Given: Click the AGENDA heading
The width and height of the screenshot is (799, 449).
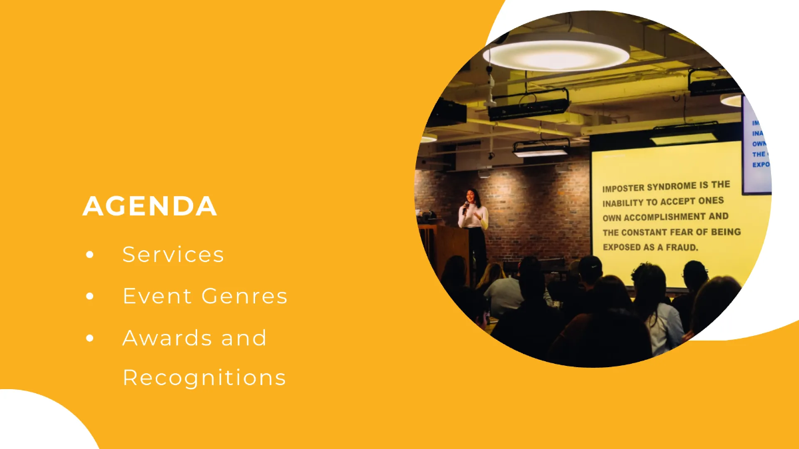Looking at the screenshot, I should (x=150, y=206).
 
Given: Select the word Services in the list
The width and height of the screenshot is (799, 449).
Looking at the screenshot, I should (x=173, y=255).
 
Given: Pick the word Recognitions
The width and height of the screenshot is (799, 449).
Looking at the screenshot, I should (x=204, y=378).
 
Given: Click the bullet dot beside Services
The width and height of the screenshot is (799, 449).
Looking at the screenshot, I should (x=90, y=255).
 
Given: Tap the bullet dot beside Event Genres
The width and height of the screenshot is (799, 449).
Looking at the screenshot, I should (x=90, y=297).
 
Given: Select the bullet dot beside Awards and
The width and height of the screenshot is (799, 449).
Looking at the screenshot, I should (x=90, y=339).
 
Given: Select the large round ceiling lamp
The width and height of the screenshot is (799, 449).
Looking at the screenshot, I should (x=556, y=53).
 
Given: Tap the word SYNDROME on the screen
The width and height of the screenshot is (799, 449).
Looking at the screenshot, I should (x=685, y=186).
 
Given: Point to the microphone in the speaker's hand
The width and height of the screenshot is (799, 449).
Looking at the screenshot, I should (x=466, y=205).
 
